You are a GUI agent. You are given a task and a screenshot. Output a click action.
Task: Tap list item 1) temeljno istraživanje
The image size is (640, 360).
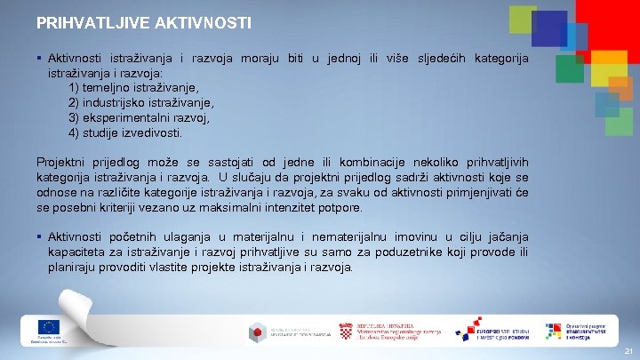(133, 88)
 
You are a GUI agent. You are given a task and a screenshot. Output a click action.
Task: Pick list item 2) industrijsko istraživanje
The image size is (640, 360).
(141, 103)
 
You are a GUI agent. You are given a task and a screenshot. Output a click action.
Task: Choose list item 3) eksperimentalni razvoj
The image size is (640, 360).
(139, 118)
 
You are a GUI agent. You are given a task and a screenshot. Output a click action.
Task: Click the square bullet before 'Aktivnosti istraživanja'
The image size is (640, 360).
(40, 59)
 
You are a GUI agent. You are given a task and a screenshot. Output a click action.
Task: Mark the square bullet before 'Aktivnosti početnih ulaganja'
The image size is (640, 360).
(40, 237)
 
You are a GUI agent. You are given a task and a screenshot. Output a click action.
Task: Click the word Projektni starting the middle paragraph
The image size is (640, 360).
(65, 163)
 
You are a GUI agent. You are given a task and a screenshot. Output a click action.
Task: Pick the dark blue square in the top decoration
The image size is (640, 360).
(549, 29)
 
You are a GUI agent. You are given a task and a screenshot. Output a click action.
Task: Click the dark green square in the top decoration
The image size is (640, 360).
(570, 68)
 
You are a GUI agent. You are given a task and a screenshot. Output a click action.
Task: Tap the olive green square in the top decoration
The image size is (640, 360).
(523, 20)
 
